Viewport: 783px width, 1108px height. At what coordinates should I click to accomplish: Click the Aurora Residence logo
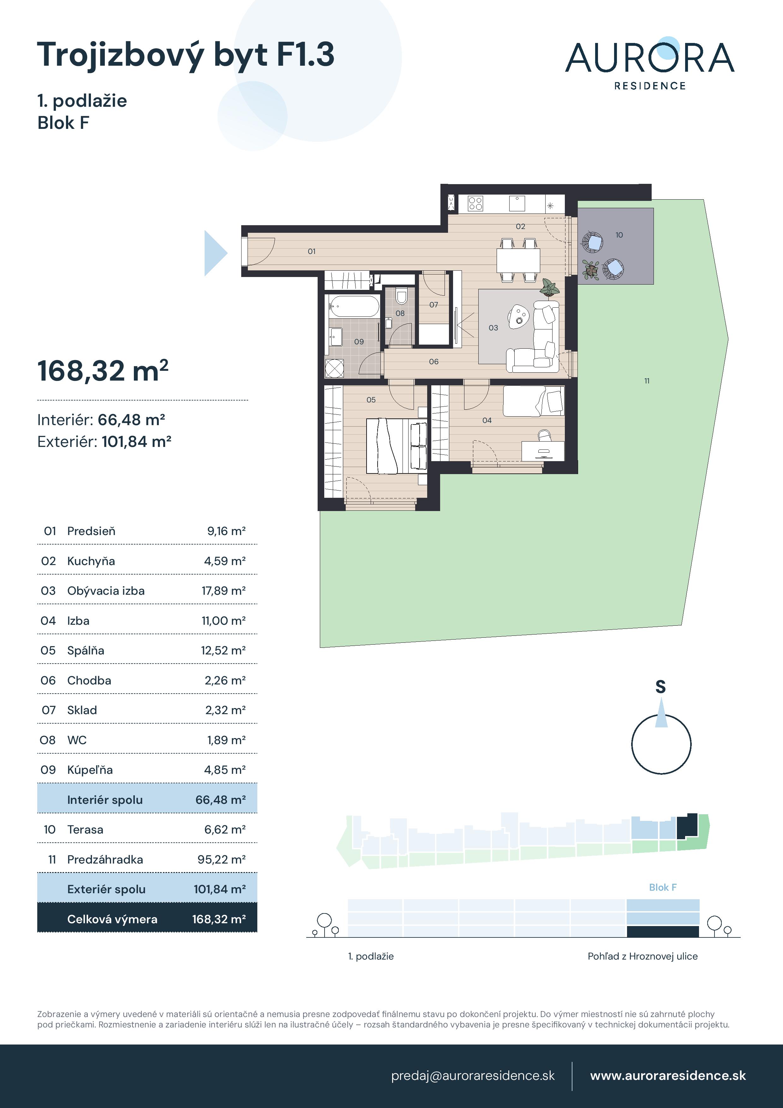pos(649,64)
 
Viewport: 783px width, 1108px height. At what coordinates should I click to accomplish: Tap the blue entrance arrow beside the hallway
pos(216,253)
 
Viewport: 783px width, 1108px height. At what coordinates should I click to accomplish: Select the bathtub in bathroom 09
pos(354,306)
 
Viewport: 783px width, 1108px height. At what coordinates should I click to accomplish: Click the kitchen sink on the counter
pos(517,203)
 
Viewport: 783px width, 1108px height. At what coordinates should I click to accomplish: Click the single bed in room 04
pos(534,400)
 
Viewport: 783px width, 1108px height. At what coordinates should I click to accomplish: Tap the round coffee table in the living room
pos(519,316)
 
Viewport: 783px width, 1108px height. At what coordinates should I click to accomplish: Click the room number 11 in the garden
pos(647,381)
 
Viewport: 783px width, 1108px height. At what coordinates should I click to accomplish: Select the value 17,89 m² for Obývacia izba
pos(223,591)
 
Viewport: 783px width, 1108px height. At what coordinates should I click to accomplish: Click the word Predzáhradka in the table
pos(105,859)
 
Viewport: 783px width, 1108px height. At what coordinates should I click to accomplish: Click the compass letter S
pos(661,687)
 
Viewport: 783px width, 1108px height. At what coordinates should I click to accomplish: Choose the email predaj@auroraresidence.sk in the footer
pos(473,1076)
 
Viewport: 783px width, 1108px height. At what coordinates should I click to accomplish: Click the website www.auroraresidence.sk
pos(668,1076)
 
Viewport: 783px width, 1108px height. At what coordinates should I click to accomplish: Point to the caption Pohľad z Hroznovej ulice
pos(643,956)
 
